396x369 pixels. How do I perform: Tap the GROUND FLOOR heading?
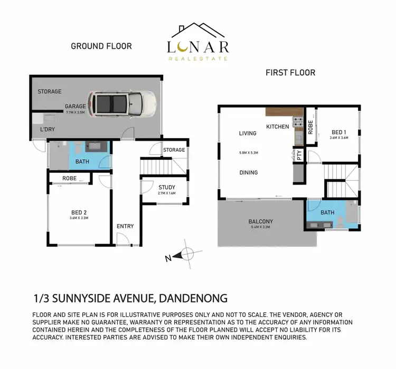point(101,46)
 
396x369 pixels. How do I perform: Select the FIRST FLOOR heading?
point(290,73)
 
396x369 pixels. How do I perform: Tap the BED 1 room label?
point(339,132)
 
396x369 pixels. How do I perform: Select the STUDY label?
point(167,187)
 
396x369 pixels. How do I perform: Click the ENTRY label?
point(125,226)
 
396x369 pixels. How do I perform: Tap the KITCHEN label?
point(277,127)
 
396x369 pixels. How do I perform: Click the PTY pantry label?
point(299,156)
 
